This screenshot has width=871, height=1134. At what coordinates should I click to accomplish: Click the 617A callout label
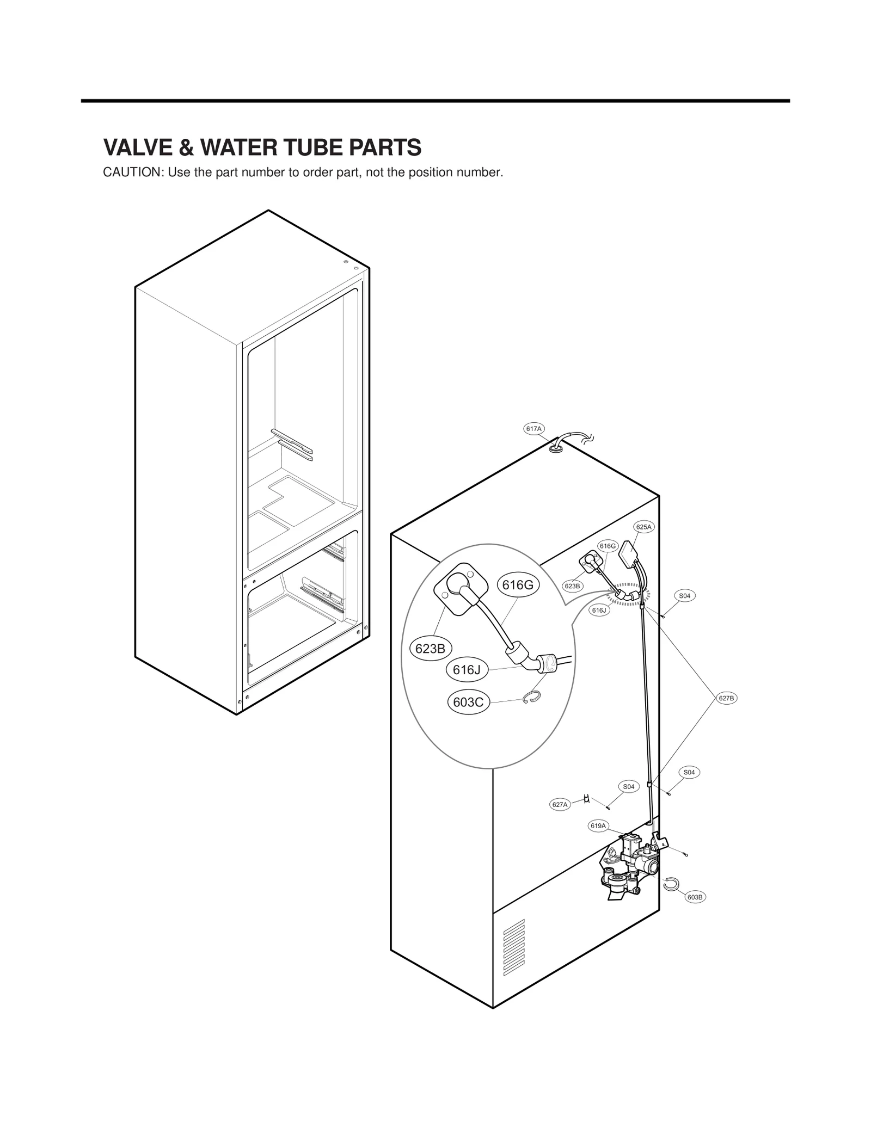[x=533, y=429]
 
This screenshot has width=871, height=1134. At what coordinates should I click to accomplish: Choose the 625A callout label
[x=643, y=527]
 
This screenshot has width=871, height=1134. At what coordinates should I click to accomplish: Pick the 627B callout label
[x=726, y=698]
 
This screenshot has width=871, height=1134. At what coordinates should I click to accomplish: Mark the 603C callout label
[x=468, y=702]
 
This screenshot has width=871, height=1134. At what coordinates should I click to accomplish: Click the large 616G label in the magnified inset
[x=517, y=585]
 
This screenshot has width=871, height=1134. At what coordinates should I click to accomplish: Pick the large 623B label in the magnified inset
[x=430, y=649]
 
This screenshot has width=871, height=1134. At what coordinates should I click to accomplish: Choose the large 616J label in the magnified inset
[x=467, y=670]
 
